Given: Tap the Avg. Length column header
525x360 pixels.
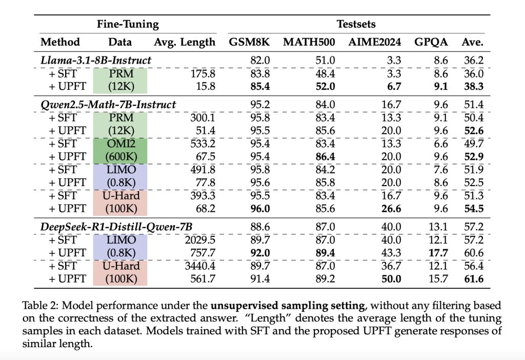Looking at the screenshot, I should (x=185, y=42).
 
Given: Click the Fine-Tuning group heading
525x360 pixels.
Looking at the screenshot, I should (x=128, y=24).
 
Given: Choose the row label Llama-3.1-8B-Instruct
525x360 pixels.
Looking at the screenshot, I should (x=96, y=60).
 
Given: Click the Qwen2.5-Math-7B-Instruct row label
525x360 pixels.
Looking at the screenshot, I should (x=108, y=105).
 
